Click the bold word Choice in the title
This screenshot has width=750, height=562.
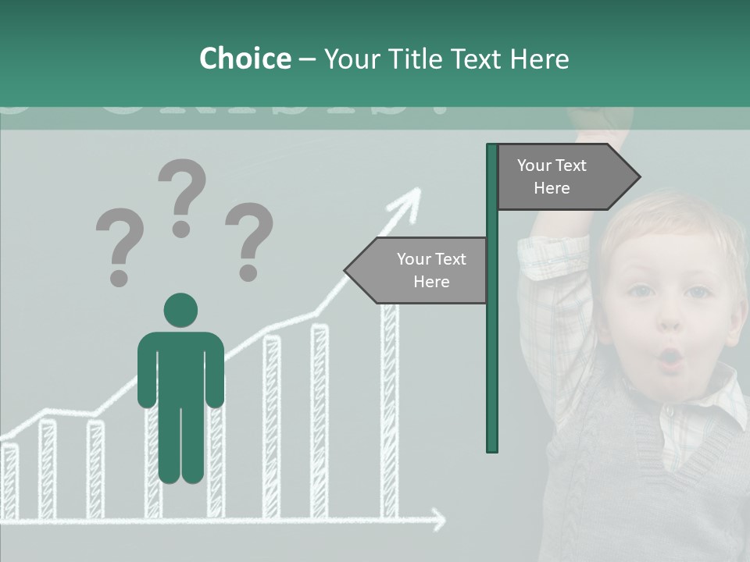(245, 59)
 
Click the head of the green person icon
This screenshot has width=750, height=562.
(180, 310)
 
